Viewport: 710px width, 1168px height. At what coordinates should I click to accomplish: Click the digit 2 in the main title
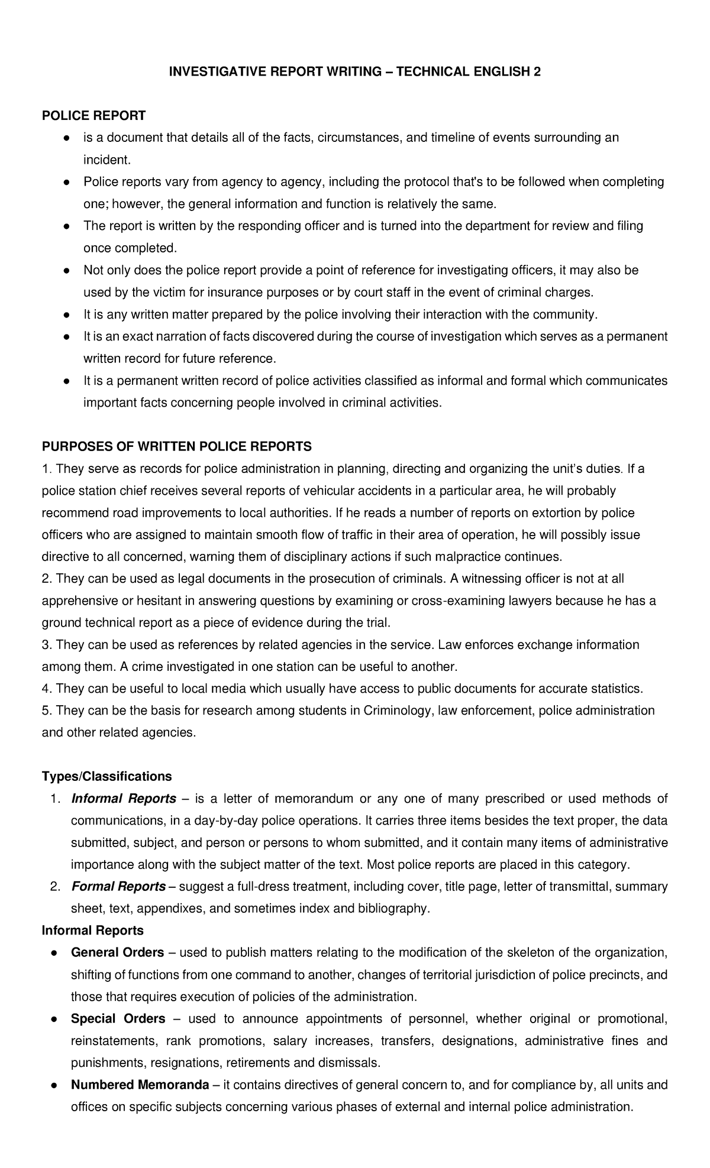pyautogui.click(x=537, y=72)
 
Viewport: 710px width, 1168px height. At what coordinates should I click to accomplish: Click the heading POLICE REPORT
pyautogui.click(x=93, y=115)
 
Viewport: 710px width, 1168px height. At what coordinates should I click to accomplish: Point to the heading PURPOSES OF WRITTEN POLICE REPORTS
pyautogui.click(x=176, y=446)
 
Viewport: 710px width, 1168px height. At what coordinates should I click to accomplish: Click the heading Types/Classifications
pyautogui.click(x=106, y=776)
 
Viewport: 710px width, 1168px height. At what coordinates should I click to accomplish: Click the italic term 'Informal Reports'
pyautogui.click(x=124, y=799)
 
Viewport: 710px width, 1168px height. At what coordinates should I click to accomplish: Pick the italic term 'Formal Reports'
pyautogui.click(x=118, y=887)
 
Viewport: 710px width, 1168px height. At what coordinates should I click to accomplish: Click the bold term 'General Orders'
pyautogui.click(x=117, y=952)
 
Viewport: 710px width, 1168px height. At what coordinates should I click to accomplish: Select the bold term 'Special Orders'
pyautogui.click(x=118, y=1018)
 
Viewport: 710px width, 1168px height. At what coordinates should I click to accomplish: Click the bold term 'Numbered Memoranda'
pyautogui.click(x=140, y=1085)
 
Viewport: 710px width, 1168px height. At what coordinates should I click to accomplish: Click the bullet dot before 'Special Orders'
pyautogui.click(x=53, y=1019)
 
